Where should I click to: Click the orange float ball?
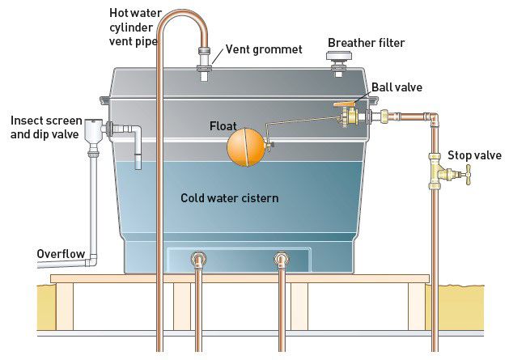pos(246,146)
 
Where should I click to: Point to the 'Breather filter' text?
pos(367,42)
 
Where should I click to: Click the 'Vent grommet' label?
pos(264,49)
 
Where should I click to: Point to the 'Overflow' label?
pos(61,254)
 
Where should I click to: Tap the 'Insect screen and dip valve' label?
pos(45,127)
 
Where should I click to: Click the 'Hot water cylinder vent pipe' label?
pos(138,25)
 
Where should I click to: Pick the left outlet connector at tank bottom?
pos(197,260)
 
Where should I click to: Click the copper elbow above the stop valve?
pos(434,120)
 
